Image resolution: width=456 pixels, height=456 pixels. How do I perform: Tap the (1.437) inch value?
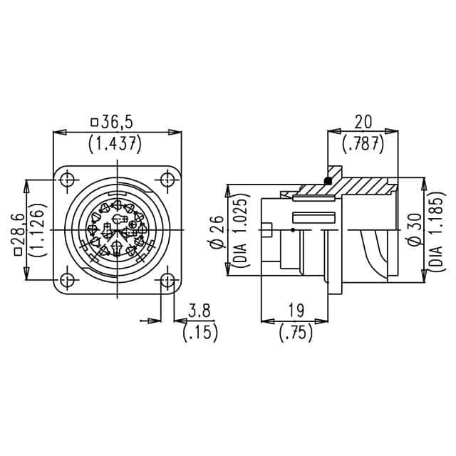click(115, 143)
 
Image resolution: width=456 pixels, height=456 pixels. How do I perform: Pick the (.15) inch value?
click(200, 332)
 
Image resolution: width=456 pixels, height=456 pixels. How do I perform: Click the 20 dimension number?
click(363, 121)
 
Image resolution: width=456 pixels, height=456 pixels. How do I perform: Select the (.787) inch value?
click(363, 143)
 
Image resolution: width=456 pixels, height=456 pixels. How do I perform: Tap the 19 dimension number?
click(296, 311)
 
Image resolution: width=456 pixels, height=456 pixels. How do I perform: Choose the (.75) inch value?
click(296, 332)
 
